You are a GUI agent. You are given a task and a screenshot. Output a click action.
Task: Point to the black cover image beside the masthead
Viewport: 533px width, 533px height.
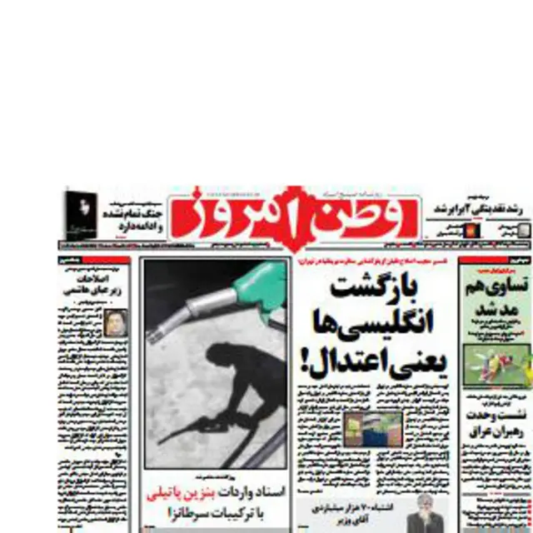tap(81, 215)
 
